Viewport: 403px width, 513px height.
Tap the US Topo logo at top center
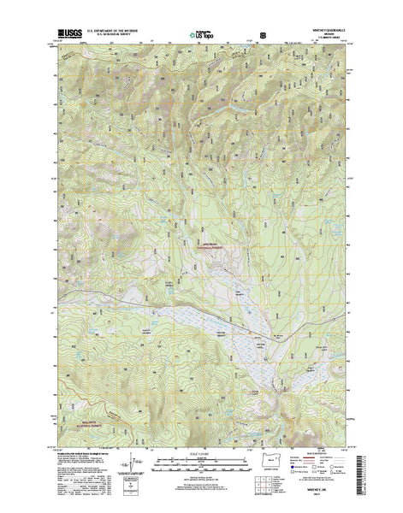click(x=201, y=36)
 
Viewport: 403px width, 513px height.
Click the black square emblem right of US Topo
click(x=263, y=35)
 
